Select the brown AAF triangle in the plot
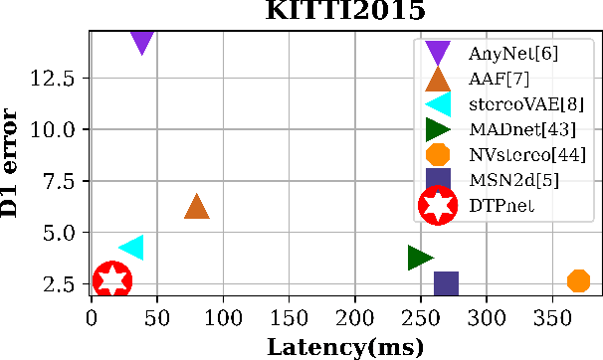click(197, 206)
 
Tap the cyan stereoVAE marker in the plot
click(131, 248)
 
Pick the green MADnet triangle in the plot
click(420, 258)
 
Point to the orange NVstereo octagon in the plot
click(578, 281)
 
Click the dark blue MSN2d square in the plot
click(446, 283)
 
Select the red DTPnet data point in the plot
click(112, 280)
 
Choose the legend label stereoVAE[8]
click(520, 103)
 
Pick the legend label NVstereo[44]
click(525, 154)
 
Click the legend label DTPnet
click(502, 205)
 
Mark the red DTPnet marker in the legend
click(438, 205)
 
